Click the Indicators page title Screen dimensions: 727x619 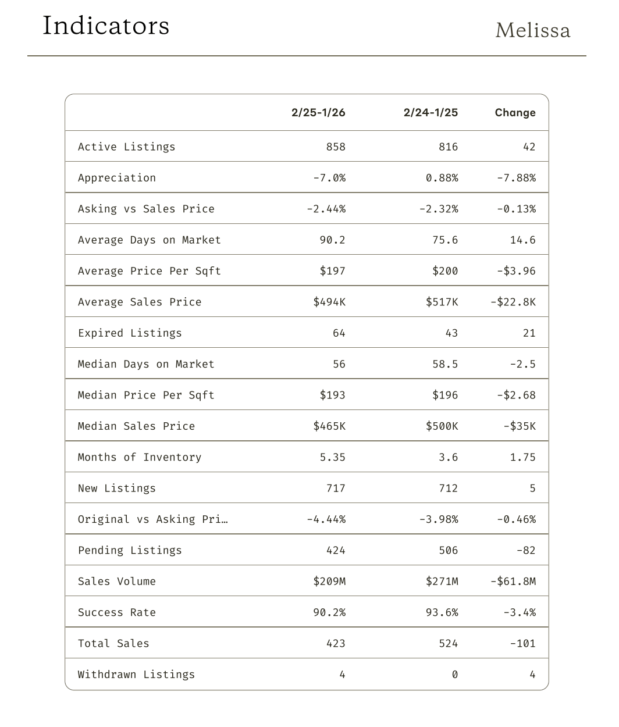coord(106,26)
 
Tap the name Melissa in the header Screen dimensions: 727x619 coord(532,30)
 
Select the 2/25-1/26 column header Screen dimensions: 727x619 coord(318,113)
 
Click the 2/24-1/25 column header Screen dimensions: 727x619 coord(431,113)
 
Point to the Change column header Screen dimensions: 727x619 coord(515,113)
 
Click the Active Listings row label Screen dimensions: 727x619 coord(126,147)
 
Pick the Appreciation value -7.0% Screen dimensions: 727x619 coord(329,178)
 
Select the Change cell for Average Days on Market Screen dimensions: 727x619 coord(522,240)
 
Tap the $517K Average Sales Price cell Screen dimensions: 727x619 coord(442,302)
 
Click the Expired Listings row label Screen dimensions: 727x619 coord(130,333)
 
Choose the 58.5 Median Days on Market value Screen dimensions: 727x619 coord(445,365)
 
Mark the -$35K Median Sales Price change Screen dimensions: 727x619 coord(519,426)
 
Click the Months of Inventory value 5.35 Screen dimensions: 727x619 coord(332,458)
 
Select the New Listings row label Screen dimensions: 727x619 coord(117,489)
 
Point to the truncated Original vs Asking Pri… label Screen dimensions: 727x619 coord(152,519)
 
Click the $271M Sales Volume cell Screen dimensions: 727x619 coord(442,582)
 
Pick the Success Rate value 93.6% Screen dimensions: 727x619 coord(442,613)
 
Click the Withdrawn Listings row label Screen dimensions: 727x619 coord(136,675)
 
